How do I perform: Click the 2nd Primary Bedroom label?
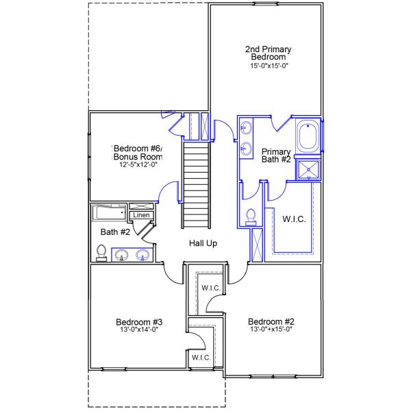[x=269, y=53]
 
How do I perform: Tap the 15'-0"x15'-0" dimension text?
[x=269, y=66]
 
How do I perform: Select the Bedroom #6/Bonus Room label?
[x=138, y=153]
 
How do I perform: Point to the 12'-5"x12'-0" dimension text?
[x=137, y=164]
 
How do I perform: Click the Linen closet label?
[x=141, y=215]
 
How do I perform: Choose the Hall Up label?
[x=203, y=243]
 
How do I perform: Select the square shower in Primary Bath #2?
[x=307, y=170]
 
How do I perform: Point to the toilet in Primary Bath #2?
[x=250, y=216]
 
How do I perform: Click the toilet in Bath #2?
[x=102, y=253]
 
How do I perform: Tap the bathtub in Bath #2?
[x=110, y=212]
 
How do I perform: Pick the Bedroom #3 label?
[x=138, y=321]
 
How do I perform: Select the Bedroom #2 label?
[x=271, y=321]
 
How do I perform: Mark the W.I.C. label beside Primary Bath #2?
[x=294, y=219]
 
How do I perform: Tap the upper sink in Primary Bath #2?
[x=245, y=127]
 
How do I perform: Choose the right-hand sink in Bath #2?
[x=142, y=256]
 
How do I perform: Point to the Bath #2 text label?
[x=115, y=232]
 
